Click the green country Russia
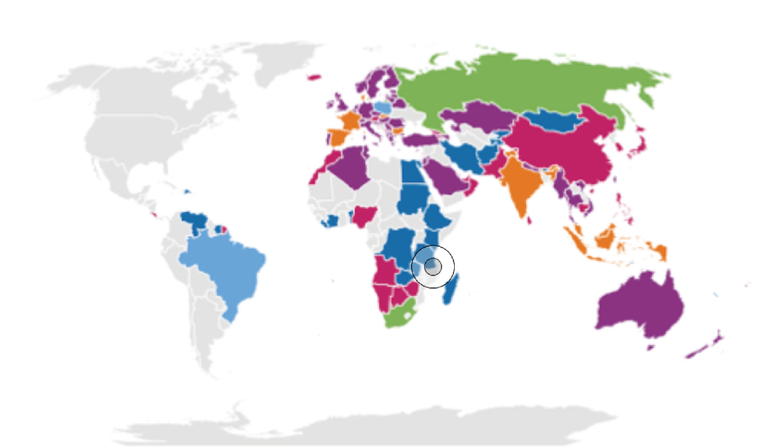tap(519, 86)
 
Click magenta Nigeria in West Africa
tap(364, 215)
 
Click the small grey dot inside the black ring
tap(433, 267)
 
